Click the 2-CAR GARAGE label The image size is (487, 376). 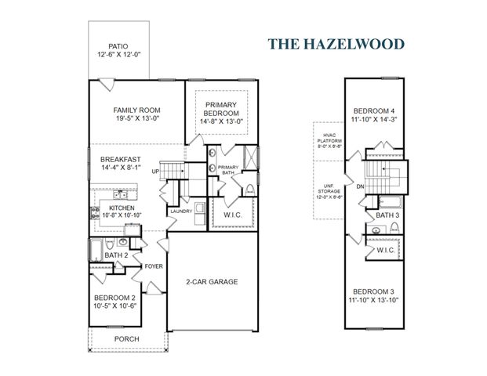pos(211,282)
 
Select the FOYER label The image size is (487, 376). pos(154,266)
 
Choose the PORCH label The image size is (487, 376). pos(126,339)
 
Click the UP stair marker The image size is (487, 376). pos(156,172)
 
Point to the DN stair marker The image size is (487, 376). pos(360,186)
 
